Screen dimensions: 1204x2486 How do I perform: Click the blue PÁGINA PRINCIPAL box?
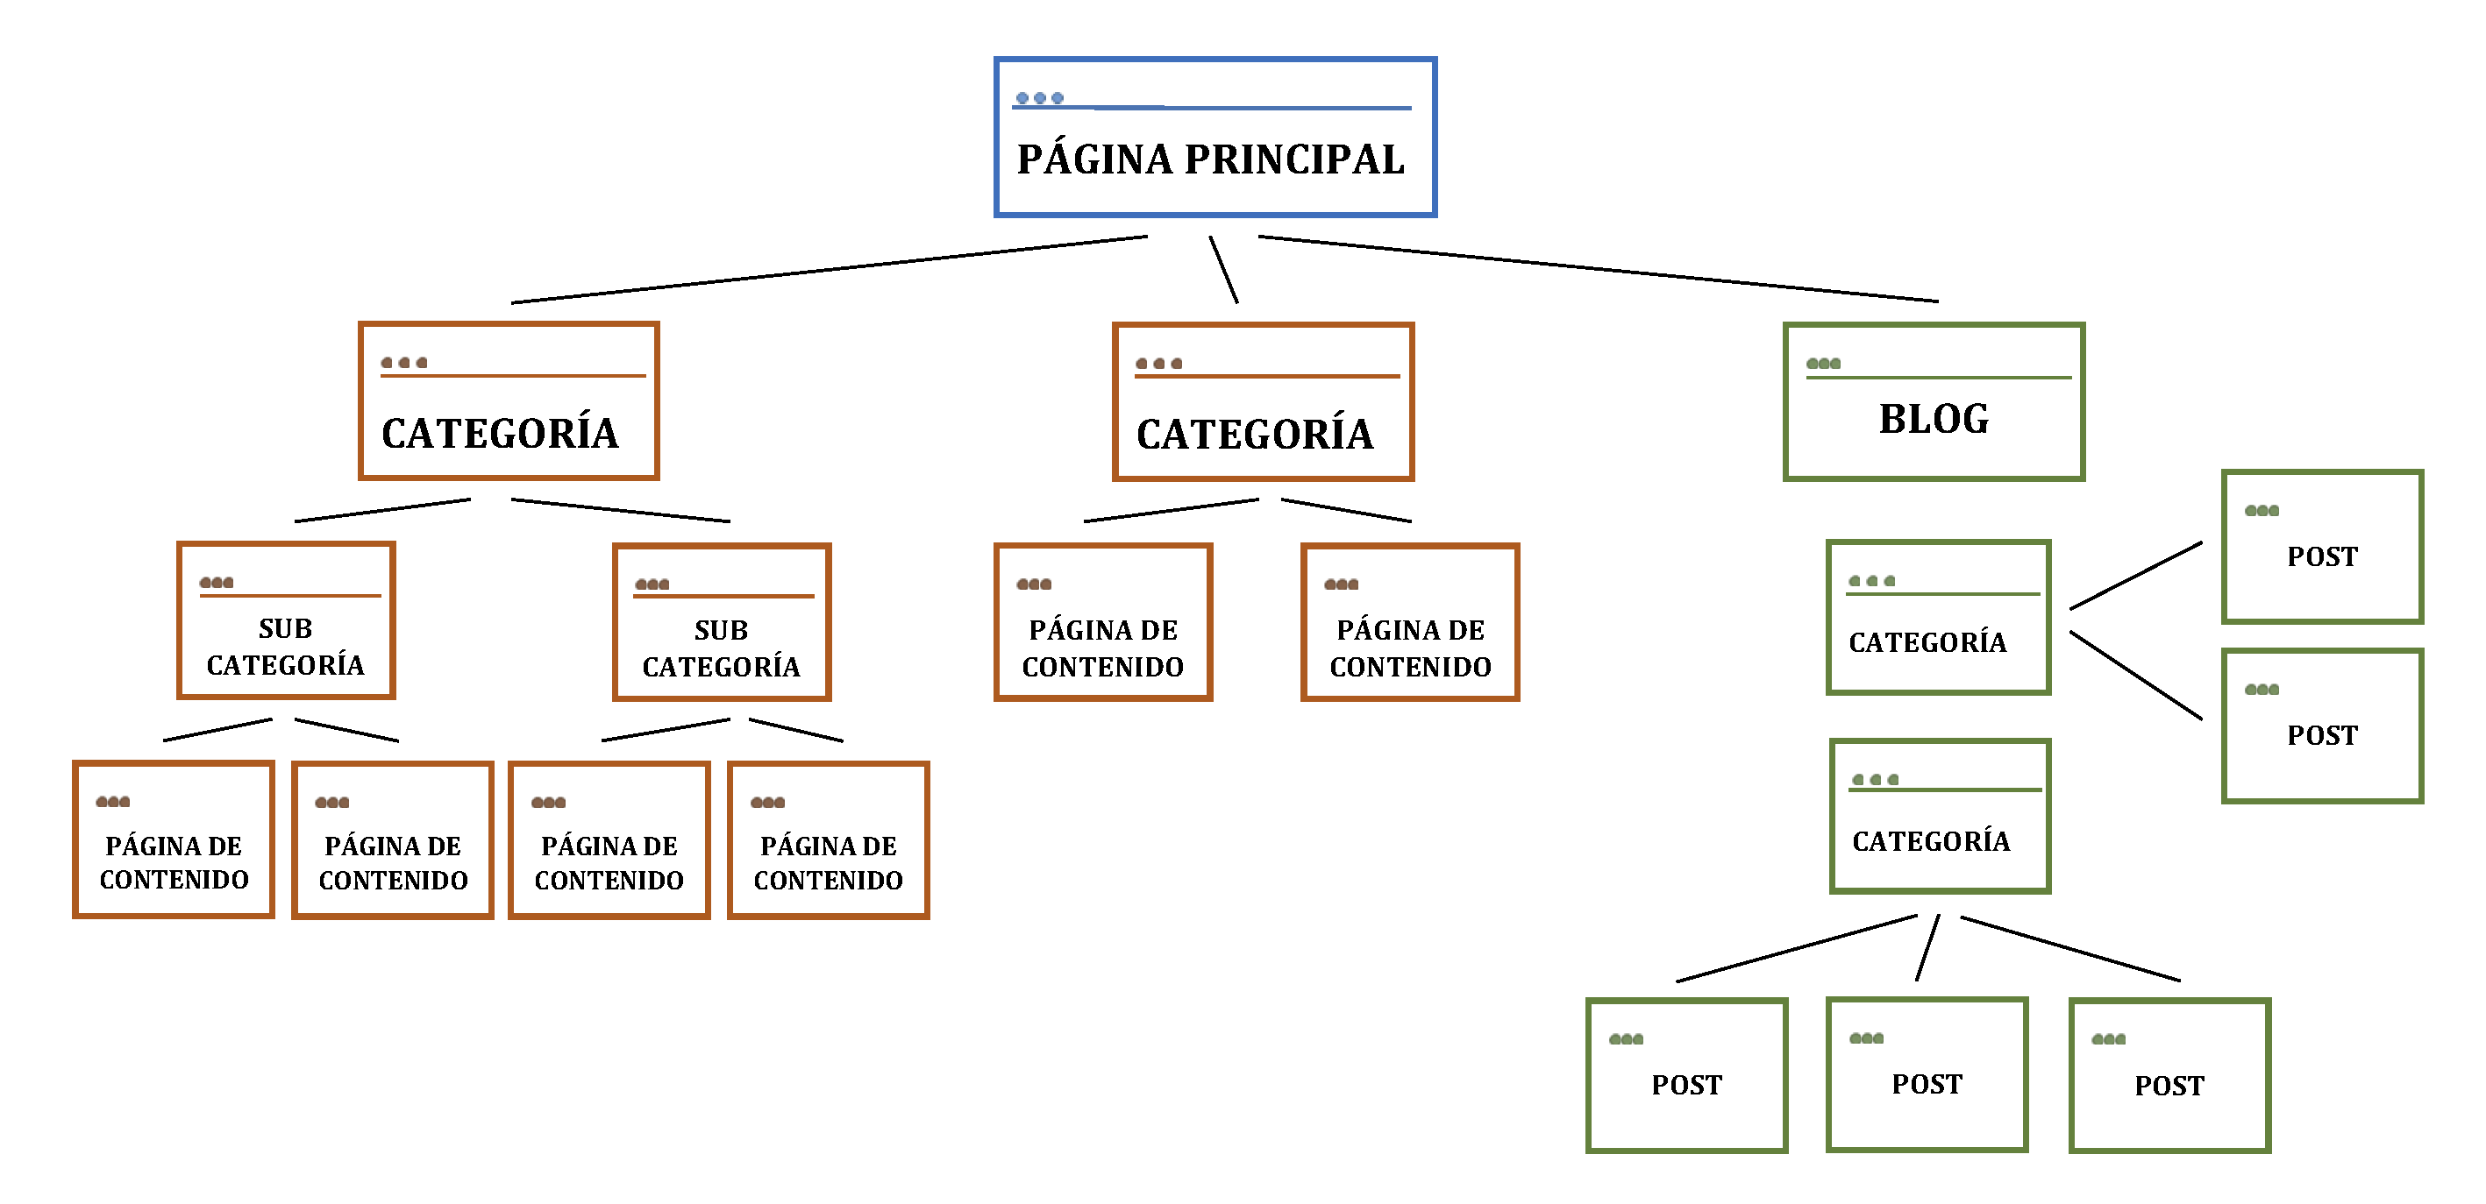pyautogui.click(x=1214, y=137)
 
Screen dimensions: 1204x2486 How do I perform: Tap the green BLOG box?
pyautogui.click(x=1933, y=401)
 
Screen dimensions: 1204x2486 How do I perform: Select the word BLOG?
pyautogui.click(x=1933, y=420)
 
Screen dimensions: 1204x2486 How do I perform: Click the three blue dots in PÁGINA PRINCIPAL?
pyautogui.click(x=1039, y=98)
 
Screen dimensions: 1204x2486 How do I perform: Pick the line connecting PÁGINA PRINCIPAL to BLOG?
pyautogui.click(x=1597, y=269)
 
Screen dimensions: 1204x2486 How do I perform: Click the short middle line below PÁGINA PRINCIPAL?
pyautogui.click(x=1223, y=270)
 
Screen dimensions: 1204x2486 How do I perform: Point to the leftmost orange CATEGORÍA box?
pyautogui.click(x=509, y=401)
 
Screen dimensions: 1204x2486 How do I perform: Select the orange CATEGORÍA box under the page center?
pyautogui.click(x=1263, y=401)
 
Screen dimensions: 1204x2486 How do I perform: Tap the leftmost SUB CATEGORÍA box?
pyautogui.click(x=286, y=621)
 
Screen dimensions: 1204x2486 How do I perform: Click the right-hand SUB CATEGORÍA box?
pyautogui.click(x=722, y=622)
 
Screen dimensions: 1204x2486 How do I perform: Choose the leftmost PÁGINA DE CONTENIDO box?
pyautogui.click(x=174, y=839)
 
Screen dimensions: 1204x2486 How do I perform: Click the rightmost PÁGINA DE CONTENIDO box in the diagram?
pyautogui.click(x=1410, y=622)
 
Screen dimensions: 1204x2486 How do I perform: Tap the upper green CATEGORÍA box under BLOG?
pyautogui.click(x=1938, y=618)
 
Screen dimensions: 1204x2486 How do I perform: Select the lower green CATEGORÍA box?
pyautogui.click(x=1940, y=816)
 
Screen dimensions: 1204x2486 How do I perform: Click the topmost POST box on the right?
pyautogui.click(x=2322, y=547)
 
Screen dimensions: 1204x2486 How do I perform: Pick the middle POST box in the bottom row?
pyautogui.click(x=1927, y=1074)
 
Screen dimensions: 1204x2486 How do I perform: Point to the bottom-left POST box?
pyautogui.click(x=1686, y=1076)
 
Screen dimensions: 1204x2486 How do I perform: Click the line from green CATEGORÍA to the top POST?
pyautogui.click(x=2136, y=576)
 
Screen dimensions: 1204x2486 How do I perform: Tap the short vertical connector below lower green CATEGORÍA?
pyautogui.click(x=1927, y=948)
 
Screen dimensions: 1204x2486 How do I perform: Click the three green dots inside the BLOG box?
pyautogui.click(x=1823, y=364)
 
